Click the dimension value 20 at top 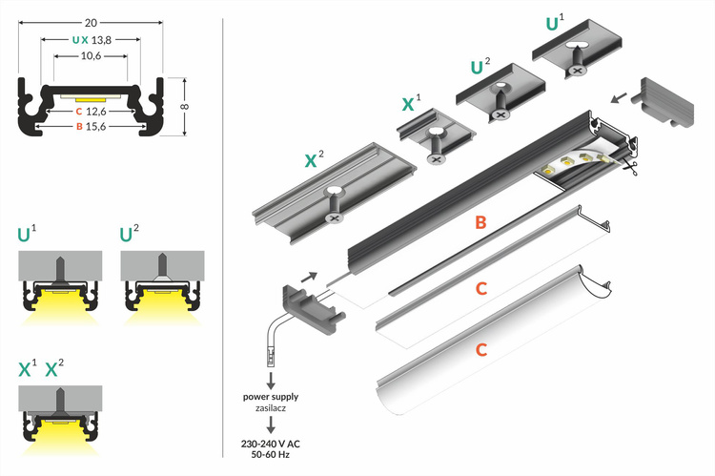(x=90, y=21)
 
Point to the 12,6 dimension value (x=94, y=111)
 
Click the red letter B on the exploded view (x=480, y=223)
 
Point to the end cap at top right (x=668, y=102)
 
